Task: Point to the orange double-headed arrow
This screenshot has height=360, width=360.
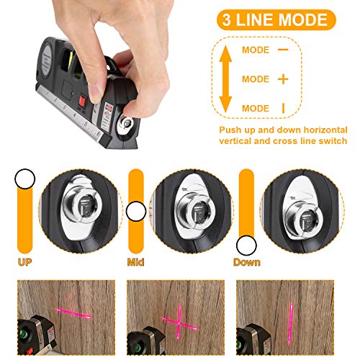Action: click(x=225, y=78)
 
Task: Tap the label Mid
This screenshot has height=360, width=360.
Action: click(x=136, y=262)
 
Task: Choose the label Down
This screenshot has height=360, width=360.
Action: click(x=246, y=262)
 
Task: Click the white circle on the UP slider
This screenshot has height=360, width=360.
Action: click(x=26, y=177)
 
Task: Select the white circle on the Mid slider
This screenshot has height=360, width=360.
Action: click(x=136, y=212)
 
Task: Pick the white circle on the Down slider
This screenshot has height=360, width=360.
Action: click(x=247, y=245)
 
